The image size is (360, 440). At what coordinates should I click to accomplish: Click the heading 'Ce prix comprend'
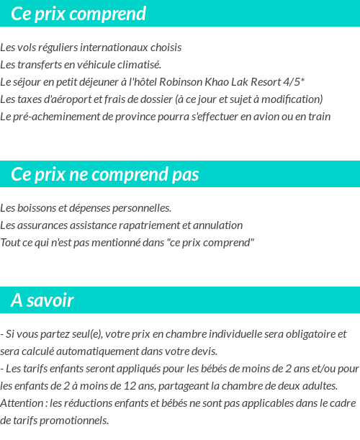(x=78, y=14)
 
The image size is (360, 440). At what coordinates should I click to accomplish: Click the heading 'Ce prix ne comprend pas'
(x=105, y=174)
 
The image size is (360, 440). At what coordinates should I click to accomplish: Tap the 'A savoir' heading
(x=42, y=300)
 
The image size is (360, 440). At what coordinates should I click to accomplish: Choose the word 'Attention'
(x=22, y=403)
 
